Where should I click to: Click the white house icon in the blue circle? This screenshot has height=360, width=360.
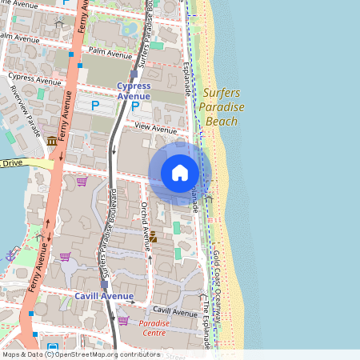pos(180,172)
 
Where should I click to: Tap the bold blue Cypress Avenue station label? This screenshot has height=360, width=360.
pos(134,90)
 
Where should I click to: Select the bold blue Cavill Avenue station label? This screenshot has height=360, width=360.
pos(104,296)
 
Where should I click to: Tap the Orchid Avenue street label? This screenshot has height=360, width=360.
pos(146,215)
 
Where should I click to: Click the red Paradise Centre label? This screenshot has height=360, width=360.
pos(153,327)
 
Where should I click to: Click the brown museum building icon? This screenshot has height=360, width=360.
pos(52,142)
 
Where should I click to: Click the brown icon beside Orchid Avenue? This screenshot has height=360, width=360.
pos(153,237)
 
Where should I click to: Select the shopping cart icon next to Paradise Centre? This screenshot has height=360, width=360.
pos(123,321)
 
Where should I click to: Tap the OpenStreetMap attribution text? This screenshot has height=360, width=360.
pos(81,354)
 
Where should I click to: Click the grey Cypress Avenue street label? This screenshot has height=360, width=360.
pos(34,80)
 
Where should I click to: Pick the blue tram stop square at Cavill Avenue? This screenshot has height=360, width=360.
pos(104,284)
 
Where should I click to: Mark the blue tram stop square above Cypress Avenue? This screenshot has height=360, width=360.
pos(134,72)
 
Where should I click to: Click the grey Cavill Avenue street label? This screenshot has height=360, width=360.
pos(174,311)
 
